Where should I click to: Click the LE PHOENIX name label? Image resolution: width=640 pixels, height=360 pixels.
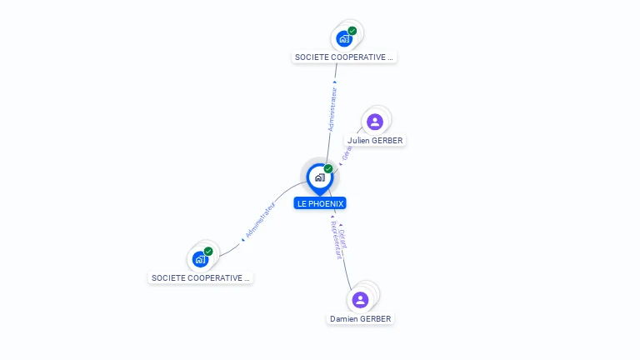pos(320,203)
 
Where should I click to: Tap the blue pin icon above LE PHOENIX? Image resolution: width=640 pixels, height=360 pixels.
pos(319,177)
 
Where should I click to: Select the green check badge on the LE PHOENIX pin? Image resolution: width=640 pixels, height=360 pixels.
pos(328,168)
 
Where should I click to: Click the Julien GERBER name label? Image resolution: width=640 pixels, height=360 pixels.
pos(376,141)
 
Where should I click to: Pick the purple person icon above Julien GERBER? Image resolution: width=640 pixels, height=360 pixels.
pos(375,122)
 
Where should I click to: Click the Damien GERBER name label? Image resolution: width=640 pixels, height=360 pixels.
pos(360,319)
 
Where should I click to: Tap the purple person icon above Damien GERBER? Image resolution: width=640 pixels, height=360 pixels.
pos(360,300)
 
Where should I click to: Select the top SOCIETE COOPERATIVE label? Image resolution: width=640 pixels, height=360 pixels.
pos(344,57)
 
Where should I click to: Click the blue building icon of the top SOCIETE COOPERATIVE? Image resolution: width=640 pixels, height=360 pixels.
pos(343,38)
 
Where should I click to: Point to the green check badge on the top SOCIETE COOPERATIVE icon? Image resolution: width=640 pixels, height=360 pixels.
pos(352,31)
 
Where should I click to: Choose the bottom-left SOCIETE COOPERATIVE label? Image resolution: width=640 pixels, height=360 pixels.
pos(201,277)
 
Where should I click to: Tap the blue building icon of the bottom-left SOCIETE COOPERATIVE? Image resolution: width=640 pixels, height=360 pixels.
pos(200,259)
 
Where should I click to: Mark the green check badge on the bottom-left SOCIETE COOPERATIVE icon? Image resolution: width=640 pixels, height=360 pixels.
pos(208,251)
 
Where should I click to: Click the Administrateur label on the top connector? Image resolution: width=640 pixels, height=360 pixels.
pos(332,107)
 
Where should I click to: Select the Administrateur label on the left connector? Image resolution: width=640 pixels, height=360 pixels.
pos(260,221)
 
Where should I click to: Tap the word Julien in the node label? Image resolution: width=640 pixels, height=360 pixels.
pos(358,141)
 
